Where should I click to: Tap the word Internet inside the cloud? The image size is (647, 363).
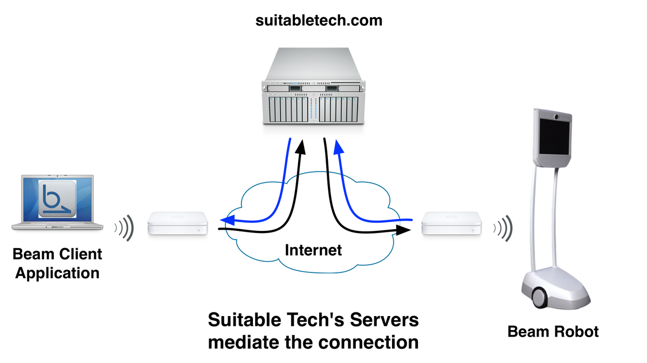click(x=313, y=250)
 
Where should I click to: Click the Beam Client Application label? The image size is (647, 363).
click(x=57, y=263)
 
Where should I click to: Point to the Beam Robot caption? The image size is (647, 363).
click(x=553, y=331)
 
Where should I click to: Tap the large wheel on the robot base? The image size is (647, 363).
click(x=540, y=295)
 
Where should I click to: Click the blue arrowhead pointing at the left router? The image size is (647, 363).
click(x=227, y=220)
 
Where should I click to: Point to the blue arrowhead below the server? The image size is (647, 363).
click(x=338, y=145)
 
